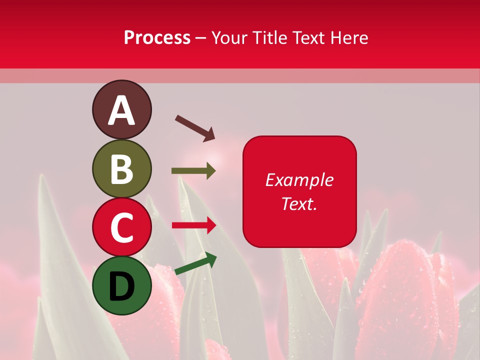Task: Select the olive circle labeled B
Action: pyautogui.click(x=121, y=168)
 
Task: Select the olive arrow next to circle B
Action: pyautogui.click(x=193, y=171)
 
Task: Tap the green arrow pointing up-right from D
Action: pyautogui.click(x=195, y=263)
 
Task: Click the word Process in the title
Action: pyautogui.click(x=157, y=38)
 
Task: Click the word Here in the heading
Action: pyautogui.click(x=349, y=38)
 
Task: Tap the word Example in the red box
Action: pyautogui.click(x=299, y=180)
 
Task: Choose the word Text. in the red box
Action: pyautogui.click(x=299, y=203)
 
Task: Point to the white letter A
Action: pyautogui.click(x=121, y=110)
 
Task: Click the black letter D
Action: pyautogui.click(x=121, y=286)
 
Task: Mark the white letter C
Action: pyautogui.click(x=121, y=227)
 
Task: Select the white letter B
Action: pyautogui.click(x=121, y=169)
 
